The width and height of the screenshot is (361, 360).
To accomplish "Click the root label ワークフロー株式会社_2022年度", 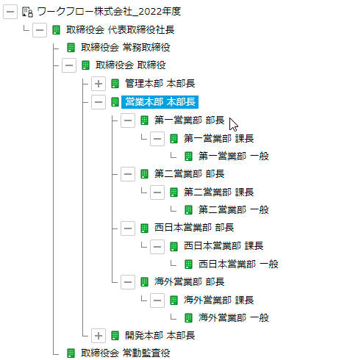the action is point(109,12).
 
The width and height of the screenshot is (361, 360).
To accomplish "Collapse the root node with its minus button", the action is point(10,12).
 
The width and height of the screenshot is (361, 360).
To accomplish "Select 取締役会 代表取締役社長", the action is point(120,30).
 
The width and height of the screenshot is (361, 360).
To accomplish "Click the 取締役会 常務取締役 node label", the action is point(126,48).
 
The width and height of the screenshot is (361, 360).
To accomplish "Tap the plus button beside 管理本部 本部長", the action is point(99,84).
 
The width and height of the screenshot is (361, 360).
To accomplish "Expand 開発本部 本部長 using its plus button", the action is point(99,336).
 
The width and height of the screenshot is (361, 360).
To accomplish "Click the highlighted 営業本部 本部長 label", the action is point(160,102).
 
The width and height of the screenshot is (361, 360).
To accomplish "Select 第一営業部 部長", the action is point(189,120).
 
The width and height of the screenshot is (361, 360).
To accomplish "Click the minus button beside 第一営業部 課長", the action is point(157,139).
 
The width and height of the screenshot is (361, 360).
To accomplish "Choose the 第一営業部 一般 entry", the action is point(234,156).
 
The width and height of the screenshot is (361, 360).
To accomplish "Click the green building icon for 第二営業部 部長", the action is point(144,174).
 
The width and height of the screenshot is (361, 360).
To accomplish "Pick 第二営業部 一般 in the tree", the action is point(234,210).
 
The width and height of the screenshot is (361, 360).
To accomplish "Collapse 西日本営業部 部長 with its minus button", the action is point(128,228).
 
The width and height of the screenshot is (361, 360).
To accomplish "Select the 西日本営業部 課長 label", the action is point(224,246).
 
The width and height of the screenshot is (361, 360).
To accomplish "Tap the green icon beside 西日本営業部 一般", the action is point(188,264).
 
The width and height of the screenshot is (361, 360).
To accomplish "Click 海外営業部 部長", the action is point(189,282).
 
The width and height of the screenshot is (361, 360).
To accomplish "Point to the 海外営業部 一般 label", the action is point(234,318).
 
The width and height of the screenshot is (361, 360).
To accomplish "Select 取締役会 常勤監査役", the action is point(126,353).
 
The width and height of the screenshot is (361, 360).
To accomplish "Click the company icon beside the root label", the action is point(27,12).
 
